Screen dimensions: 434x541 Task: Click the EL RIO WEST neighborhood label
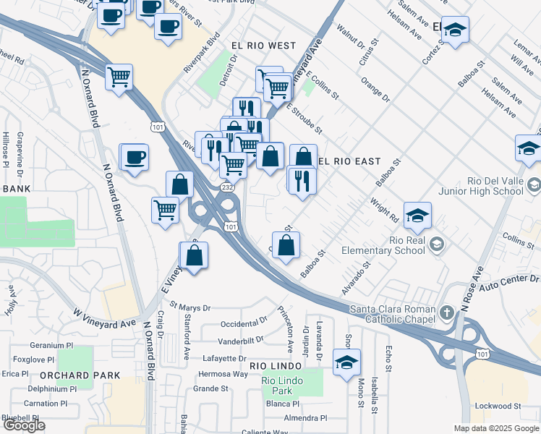[x=263, y=46]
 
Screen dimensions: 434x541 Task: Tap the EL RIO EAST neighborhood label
[x=349, y=161]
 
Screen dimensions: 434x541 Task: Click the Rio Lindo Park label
[x=281, y=386]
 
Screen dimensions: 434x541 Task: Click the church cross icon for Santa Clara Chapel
[x=447, y=312]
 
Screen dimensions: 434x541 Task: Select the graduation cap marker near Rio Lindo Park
[x=346, y=362]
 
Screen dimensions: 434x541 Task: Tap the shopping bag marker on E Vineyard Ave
[x=194, y=256]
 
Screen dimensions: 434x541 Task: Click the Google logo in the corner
[x=24, y=425]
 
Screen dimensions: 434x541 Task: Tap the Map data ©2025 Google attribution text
[x=495, y=428]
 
